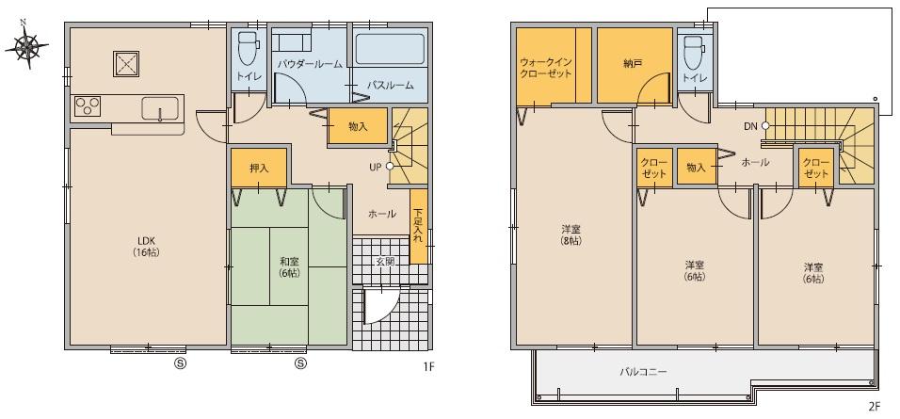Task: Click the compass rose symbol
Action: [29, 44]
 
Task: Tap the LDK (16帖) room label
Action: [146, 246]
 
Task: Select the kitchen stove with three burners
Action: [87, 106]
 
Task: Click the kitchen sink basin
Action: [161, 109]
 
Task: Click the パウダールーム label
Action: [309, 65]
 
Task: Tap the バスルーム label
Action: [389, 86]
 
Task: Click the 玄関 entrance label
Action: [384, 261]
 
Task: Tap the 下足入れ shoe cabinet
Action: [418, 227]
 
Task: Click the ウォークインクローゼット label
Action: [546, 68]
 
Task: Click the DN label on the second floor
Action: [750, 126]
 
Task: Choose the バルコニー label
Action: [643, 372]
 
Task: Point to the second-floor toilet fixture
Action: [694, 47]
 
